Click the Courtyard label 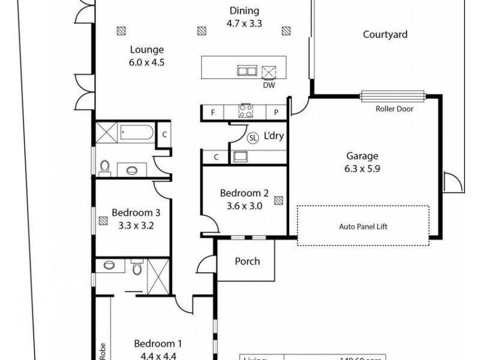[x=385, y=34]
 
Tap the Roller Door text [x=394, y=109]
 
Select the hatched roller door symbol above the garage [x=393, y=95]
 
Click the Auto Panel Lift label [x=363, y=227]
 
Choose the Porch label [x=247, y=261]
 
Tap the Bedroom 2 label [x=244, y=193]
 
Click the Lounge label [x=146, y=50]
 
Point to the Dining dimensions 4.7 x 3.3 [x=244, y=25]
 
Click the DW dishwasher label [x=269, y=85]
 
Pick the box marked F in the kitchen [x=212, y=112]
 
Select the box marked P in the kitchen [x=277, y=112]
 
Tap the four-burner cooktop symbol [x=245, y=111]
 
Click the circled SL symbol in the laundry [x=253, y=137]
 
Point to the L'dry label [x=274, y=136]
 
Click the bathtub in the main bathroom [x=137, y=132]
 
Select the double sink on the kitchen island [x=247, y=71]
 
